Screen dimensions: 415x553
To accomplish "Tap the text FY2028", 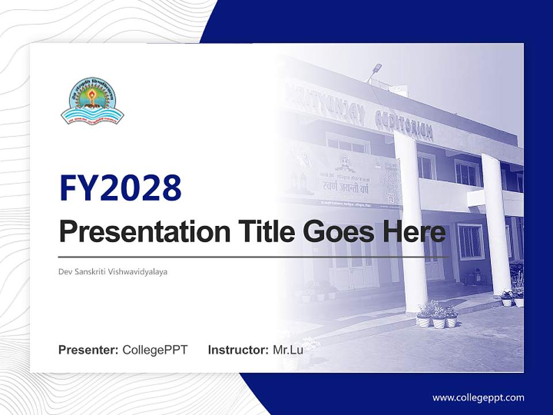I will tap(120, 188).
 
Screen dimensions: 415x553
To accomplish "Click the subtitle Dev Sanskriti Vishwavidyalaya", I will tap(113, 271).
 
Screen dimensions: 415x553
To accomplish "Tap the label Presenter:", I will tap(89, 350).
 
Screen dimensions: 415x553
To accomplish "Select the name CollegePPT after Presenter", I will tap(155, 350).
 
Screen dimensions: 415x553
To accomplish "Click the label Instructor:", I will tap(238, 350).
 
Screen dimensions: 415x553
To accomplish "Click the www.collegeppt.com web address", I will tap(478, 397).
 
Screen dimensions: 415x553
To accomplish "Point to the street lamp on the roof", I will tap(376, 68).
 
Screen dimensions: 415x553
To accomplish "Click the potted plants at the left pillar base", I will tap(437, 315).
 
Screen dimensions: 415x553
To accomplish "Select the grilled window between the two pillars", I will tap(469, 242).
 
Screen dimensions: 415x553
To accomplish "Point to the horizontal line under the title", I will tap(253, 257).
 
